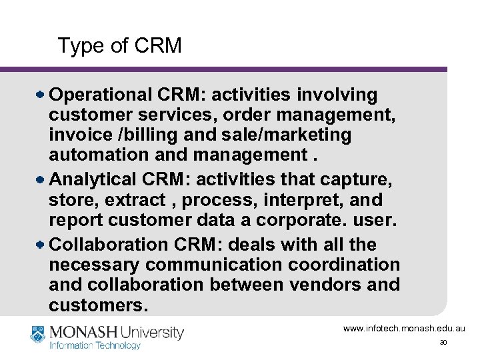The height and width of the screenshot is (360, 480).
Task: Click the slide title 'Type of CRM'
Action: [x=119, y=45]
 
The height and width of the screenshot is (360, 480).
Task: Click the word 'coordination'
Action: [x=344, y=265]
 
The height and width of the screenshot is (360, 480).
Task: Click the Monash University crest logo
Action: [x=39, y=333]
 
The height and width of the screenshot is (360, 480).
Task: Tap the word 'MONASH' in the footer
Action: [x=84, y=332]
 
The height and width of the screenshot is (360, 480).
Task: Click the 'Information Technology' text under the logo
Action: [x=95, y=345]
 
